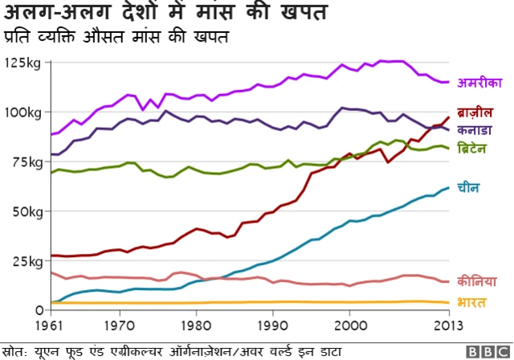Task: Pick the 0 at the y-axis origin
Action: [39, 310]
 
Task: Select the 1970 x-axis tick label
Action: [120, 327]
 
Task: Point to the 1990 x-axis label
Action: [273, 327]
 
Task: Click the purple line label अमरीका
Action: [479, 83]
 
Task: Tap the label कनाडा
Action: [475, 129]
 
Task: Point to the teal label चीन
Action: [468, 188]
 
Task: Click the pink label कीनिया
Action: [476, 281]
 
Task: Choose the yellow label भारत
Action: [471, 301]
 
